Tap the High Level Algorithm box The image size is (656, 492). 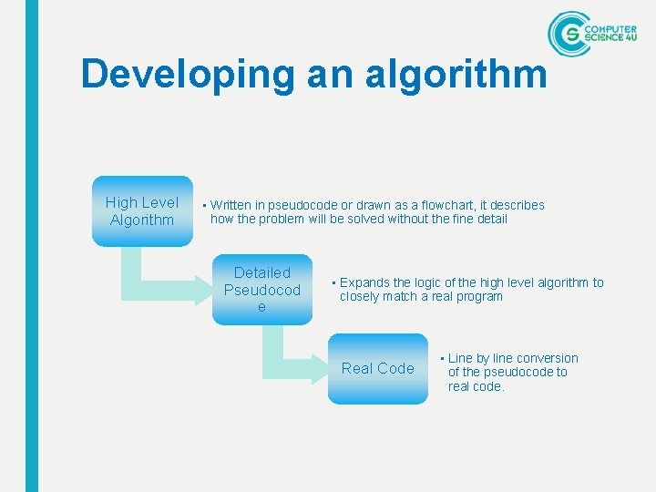coord(142,211)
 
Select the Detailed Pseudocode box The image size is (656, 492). coord(262,290)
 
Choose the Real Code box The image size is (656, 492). coord(377,368)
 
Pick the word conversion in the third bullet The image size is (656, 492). coord(545,358)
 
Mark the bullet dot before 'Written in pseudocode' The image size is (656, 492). coord(205,206)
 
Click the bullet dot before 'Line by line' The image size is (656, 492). coord(442,358)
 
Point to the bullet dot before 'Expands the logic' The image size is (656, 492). coord(334,283)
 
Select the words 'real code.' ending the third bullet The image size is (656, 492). coord(476,386)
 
